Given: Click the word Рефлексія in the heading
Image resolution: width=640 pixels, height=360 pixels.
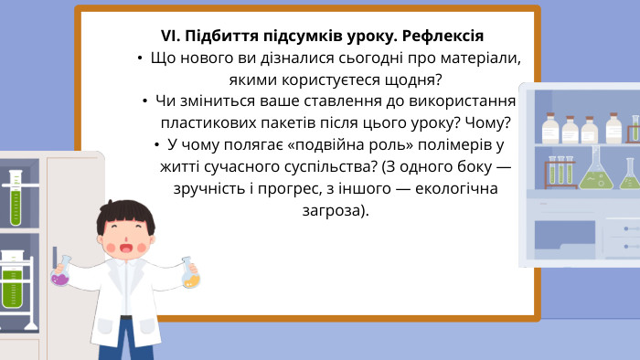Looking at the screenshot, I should coord(439,37).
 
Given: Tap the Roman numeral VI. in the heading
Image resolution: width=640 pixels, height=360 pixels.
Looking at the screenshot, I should coord(170,37).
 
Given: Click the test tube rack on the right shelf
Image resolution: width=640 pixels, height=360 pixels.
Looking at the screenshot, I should coord(560,171).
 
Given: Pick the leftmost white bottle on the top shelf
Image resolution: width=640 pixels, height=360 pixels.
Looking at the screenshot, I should coord(550,127).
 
